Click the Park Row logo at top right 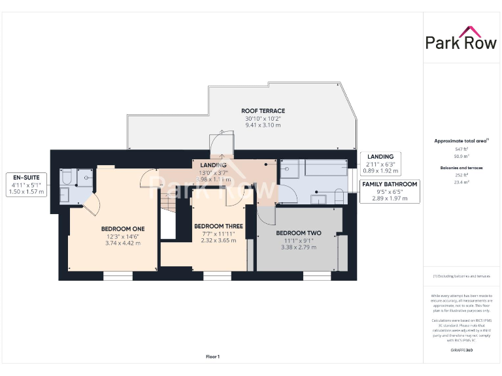pyautogui.click(x=461, y=39)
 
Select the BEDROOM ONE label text pyautogui.click(x=123, y=228)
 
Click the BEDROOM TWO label pyautogui.click(x=298, y=233)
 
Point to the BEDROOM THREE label pyautogui.click(x=218, y=226)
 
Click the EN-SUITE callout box pyautogui.click(x=25, y=184)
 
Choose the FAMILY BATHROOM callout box pyautogui.click(x=390, y=193)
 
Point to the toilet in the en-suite pyautogui.click(x=67, y=178)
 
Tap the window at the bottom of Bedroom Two pyautogui.click(x=316, y=276)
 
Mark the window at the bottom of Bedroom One pyautogui.click(x=118, y=276)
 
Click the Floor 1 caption pyautogui.click(x=212, y=356)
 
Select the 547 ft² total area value pyautogui.click(x=461, y=149)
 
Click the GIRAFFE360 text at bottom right pyautogui.click(x=461, y=351)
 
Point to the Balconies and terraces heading pyautogui.click(x=461, y=168)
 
